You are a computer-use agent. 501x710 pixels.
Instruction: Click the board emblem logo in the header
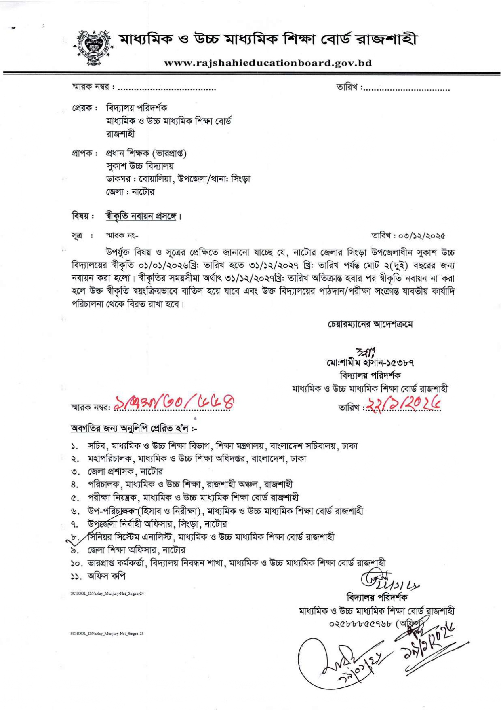pyautogui.click(x=94, y=47)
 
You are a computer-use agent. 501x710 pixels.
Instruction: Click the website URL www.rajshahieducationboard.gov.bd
pyautogui.click(x=268, y=63)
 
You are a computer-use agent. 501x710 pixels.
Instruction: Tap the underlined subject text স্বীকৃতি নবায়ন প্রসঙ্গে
pyautogui.click(x=141, y=216)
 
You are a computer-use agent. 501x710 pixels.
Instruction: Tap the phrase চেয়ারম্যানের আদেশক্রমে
pyautogui.click(x=370, y=324)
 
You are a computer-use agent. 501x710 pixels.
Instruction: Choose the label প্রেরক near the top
pyautogui.click(x=82, y=108)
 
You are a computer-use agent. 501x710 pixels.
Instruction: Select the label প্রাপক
pyautogui.click(x=82, y=154)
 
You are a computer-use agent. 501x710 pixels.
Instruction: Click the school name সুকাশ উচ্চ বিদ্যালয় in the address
pyautogui.click(x=140, y=166)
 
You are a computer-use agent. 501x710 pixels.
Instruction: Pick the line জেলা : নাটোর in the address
pyautogui.click(x=130, y=192)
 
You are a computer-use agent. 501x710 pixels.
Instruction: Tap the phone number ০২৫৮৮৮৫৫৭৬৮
pyautogui.click(x=361, y=623)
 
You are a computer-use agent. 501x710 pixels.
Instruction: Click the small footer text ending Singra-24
pyautogui.click(x=107, y=593)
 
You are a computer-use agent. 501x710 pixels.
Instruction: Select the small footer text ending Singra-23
pyautogui.click(x=107, y=634)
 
